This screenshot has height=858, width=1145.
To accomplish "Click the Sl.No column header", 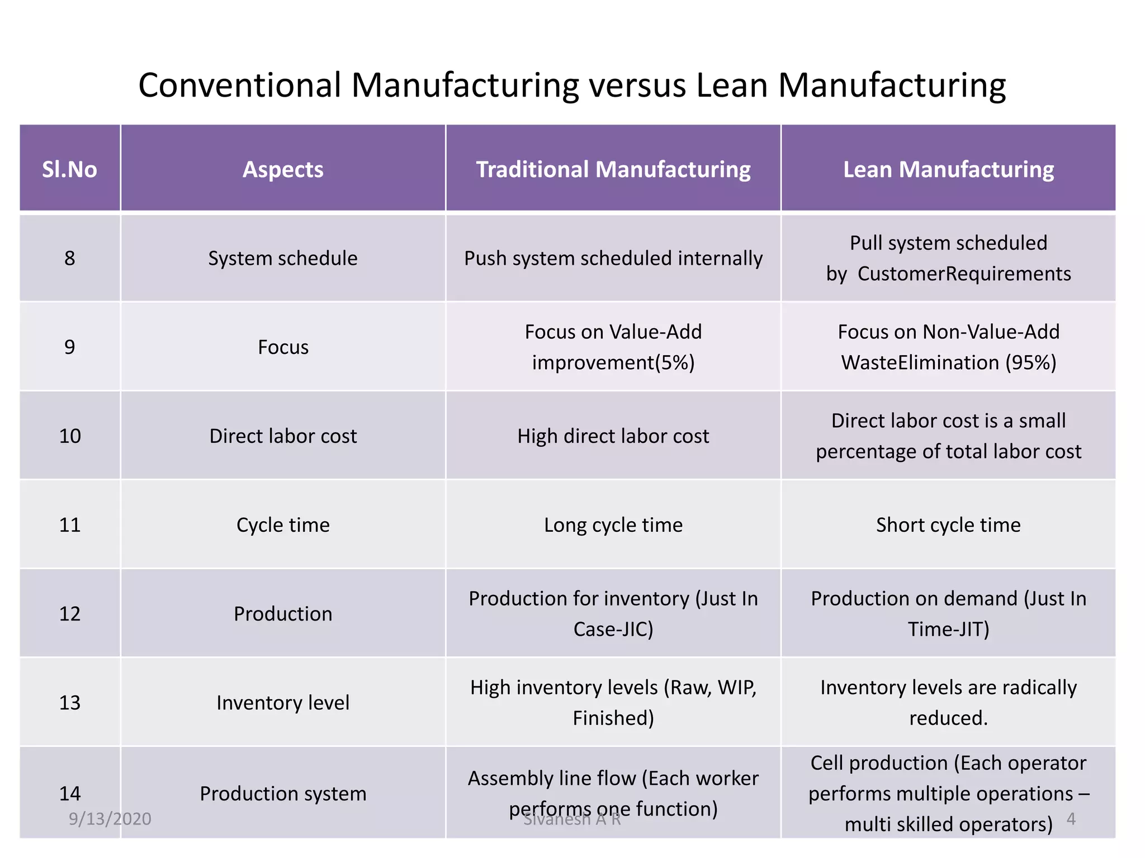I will click(x=69, y=169).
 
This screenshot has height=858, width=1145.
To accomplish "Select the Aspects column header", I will click(x=283, y=169).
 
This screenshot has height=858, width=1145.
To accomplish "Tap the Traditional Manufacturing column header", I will click(x=613, y=169).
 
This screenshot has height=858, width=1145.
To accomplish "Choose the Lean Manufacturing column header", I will click(x=948, y=169).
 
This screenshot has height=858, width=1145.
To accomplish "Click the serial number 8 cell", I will click(x=69, y=258).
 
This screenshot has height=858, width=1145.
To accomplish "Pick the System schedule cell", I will click(x=283, y=258).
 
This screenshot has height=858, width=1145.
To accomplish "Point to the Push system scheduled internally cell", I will click(x=613, y=258).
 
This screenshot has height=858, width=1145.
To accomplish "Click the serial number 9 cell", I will click(x=69, y=347).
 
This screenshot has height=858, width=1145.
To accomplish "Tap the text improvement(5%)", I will click(x=613, y=363).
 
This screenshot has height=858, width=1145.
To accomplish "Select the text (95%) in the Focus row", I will click(x=1031, y=363).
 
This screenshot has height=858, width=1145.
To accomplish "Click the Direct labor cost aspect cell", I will click(x=283, y=436).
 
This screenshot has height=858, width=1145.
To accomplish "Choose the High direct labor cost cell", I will click(x=613, y=436).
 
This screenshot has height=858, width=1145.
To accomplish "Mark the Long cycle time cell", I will click(x=613, y=525).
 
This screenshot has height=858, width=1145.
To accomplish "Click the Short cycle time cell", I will click(x=948, y=525).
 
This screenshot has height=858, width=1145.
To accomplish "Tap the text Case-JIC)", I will click(x=613, y=629).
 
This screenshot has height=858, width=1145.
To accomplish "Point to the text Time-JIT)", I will click(x=948, y=629).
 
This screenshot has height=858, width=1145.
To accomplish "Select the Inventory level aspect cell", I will click(x=283, y=702).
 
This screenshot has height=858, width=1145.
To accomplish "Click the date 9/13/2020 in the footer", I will click(x=110, y=818).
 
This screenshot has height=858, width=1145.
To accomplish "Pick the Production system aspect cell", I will click(x=283, y=793).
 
